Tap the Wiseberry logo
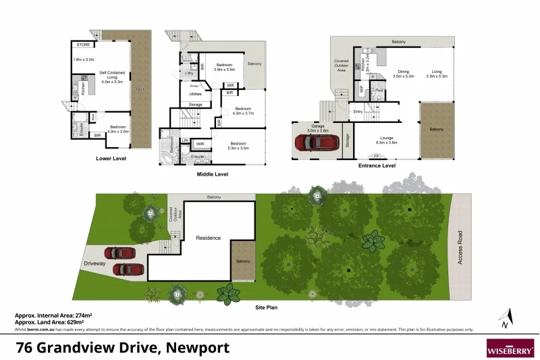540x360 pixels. [510, 347]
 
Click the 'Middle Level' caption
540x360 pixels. [212, 174]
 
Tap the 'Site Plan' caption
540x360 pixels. [267, 307]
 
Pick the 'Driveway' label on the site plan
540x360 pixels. [95, 264]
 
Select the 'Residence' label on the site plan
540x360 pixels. [209, 238]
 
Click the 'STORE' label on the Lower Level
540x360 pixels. [84, 45]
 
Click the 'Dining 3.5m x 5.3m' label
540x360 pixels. [403, 74]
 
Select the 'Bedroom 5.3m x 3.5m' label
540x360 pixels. [239, 145]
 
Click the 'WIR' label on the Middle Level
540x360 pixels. [200, 144]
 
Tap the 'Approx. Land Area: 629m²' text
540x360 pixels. [54, 322]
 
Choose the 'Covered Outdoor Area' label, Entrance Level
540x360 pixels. [341, 65]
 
